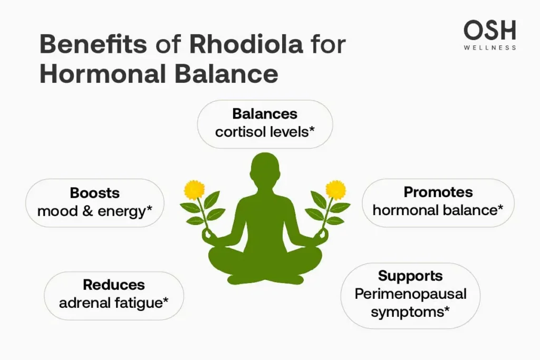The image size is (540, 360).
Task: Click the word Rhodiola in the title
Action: [246, 45]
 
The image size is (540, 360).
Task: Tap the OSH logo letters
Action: [490, 31]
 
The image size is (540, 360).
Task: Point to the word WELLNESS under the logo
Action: [490, 48]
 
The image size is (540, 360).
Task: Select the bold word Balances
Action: [265, 114]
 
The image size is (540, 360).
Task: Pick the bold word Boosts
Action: [95, 193]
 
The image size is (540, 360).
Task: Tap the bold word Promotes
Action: [438, 192]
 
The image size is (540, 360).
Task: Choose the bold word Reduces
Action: [113, 285]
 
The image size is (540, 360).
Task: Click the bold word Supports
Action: [410, 276]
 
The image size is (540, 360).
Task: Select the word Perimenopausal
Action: [410, 294]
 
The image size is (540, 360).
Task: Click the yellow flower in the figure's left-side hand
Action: [194, 189]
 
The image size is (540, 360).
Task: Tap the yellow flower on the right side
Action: [335, 189]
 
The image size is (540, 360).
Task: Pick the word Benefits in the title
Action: [93, 45]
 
